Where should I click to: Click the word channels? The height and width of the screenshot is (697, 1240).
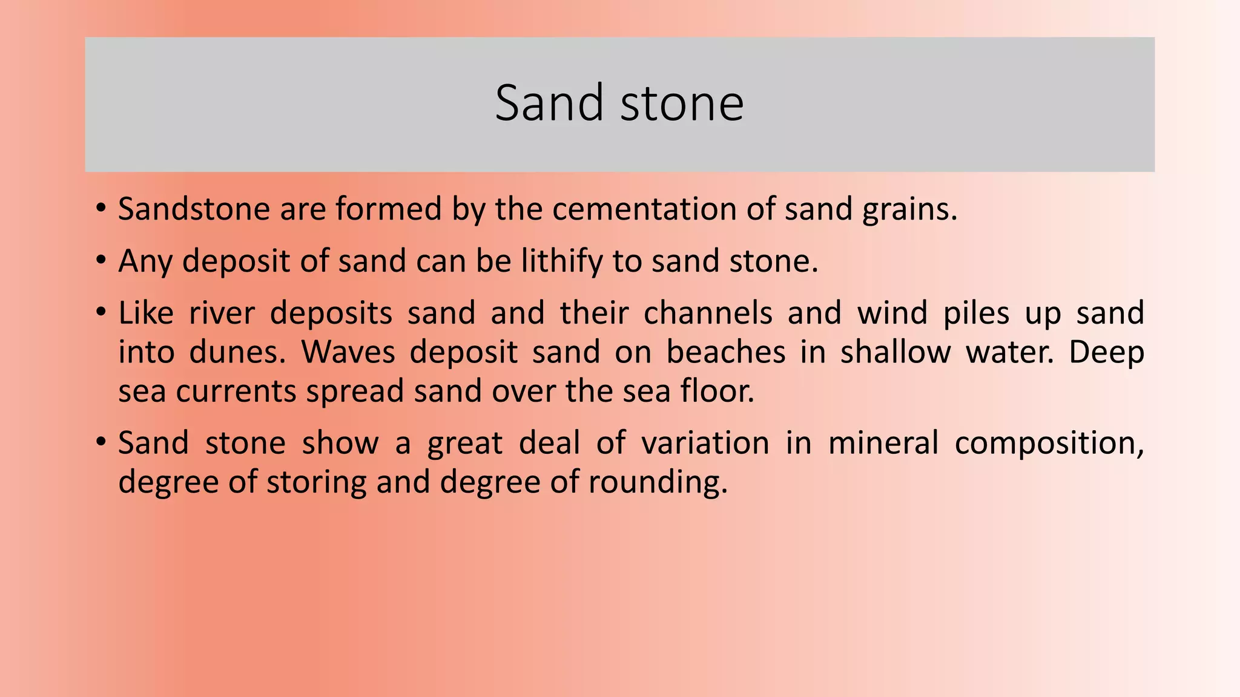click(707, 313)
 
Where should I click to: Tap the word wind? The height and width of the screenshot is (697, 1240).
click(892, 313)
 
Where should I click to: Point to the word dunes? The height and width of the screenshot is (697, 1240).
click(237, 352)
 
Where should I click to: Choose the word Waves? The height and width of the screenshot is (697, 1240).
click(348, 352)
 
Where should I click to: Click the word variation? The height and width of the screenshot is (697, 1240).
click(705, 443)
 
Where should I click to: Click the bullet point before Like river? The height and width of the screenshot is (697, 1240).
click(101, 313)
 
